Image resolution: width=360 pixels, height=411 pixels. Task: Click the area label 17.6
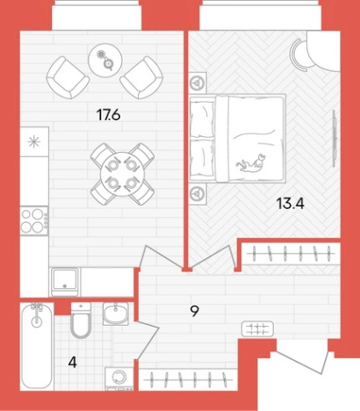tap(109, 115)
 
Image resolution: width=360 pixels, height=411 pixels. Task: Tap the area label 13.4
tap(291, 203)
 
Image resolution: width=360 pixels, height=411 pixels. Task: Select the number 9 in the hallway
tap(194, 311)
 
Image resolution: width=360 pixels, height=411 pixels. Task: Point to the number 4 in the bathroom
tap(72, 363)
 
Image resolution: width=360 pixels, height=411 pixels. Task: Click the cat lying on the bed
tap(250, 163)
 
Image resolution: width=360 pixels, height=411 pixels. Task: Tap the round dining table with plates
tap(123, 174)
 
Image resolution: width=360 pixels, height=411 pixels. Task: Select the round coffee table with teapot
tap(105, 61)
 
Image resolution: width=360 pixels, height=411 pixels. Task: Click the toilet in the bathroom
tap(81, 321)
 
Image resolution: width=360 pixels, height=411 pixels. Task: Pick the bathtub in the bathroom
tap(37, 347)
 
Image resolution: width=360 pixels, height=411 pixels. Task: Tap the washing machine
tap(119, 379)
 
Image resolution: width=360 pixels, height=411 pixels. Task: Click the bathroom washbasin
tap(116, 314)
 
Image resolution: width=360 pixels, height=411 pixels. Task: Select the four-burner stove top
tap(34, 221)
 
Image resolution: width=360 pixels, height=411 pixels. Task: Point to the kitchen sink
tap(65, 282)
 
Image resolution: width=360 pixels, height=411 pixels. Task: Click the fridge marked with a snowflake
tap(34, 141)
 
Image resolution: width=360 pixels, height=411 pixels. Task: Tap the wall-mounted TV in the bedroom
tap(334, 138)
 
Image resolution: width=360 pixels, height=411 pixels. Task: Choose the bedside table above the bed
tap(198, 83)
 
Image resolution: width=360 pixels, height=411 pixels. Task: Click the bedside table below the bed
tap(198, 193)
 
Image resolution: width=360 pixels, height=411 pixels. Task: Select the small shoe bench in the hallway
tap(257, 328)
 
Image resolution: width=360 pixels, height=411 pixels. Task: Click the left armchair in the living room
tap(68, 77)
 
